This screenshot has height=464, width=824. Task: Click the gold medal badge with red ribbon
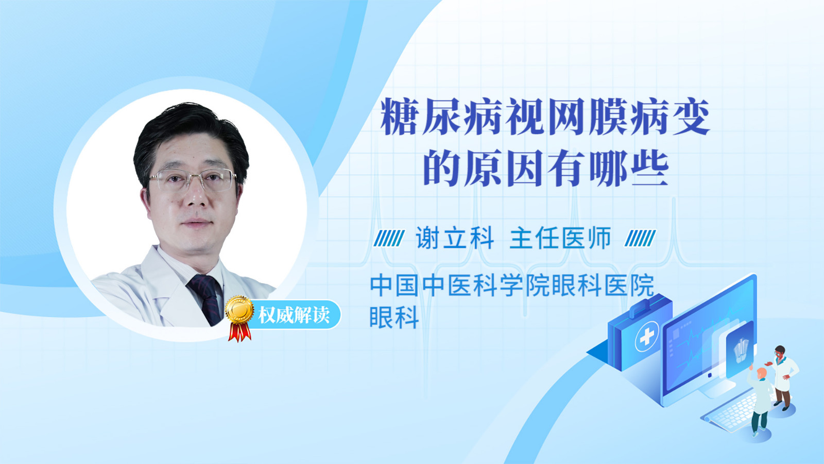[x=239, y=318]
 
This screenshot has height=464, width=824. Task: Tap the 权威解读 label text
[x=294, y=315]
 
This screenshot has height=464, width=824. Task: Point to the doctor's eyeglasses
[x=193, y=179]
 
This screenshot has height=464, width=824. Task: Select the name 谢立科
[x=455, y=238]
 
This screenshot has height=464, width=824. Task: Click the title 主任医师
[x=560, y=238]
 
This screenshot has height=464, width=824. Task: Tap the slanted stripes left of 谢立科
[x=389, y=238]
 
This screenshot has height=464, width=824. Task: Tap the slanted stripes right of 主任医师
[x=640, y=238]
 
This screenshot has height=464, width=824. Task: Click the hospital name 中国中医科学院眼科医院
[x=512, y=286]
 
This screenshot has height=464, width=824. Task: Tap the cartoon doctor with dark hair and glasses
[x=783, y=377]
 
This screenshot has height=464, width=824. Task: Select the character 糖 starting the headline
[x=399, y=117]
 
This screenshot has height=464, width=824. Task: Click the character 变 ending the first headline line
[x=691, y=117]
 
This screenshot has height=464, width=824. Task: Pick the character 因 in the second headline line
[x=525, y=168]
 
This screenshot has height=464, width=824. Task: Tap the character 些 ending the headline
[x=649, y=168]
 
